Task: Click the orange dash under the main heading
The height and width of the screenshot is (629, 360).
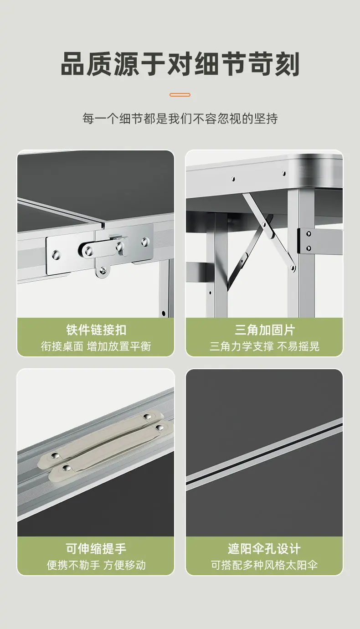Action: click(180, 95)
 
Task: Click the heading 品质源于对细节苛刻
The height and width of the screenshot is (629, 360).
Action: click(180, 64)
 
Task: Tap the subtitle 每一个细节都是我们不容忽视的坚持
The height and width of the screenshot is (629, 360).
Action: click(180, 119)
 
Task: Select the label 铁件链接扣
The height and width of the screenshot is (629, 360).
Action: click(96, 330)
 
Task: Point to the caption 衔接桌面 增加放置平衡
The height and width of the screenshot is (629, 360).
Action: click(96, 346)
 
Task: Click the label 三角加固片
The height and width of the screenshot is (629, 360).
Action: click(264, 330)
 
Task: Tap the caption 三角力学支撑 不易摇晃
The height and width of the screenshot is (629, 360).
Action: click(264, 346)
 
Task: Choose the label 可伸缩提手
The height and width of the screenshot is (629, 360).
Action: click(96, 548)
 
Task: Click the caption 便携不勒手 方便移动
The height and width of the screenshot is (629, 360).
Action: click(96, 565)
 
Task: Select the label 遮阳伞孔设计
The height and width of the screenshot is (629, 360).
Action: click(264, 548)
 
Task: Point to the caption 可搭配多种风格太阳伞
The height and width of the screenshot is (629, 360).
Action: click(264, 565)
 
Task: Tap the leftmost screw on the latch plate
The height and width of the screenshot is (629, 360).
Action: click(56, 255)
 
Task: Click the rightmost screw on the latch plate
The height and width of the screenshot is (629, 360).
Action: click(145, 241)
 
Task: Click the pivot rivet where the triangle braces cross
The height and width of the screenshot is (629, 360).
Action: click(264, 224)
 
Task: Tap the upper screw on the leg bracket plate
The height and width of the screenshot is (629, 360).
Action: click(309, 234)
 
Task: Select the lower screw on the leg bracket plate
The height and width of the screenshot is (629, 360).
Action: click(309, 248)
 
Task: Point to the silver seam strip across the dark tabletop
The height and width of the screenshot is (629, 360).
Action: click(264, 454)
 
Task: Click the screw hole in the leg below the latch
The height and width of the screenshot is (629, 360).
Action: click(164, 313)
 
